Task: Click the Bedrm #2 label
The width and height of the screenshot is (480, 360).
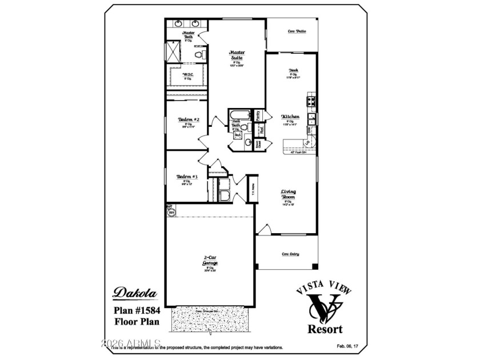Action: tap(188, 120)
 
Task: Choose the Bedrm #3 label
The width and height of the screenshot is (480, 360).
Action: tap(187, 177)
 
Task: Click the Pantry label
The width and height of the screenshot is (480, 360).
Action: tap(258, 116)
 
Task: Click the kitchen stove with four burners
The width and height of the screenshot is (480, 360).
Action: tap(312, 102)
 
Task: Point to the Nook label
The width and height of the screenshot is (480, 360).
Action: tap(293, 70)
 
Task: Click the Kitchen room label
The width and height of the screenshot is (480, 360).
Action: tap(290, 117)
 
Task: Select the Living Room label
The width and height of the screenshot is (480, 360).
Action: tap(287, 194)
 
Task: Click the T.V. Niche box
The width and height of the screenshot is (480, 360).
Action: tap(252, 189)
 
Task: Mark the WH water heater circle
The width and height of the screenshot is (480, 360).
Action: tap(171, 212)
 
